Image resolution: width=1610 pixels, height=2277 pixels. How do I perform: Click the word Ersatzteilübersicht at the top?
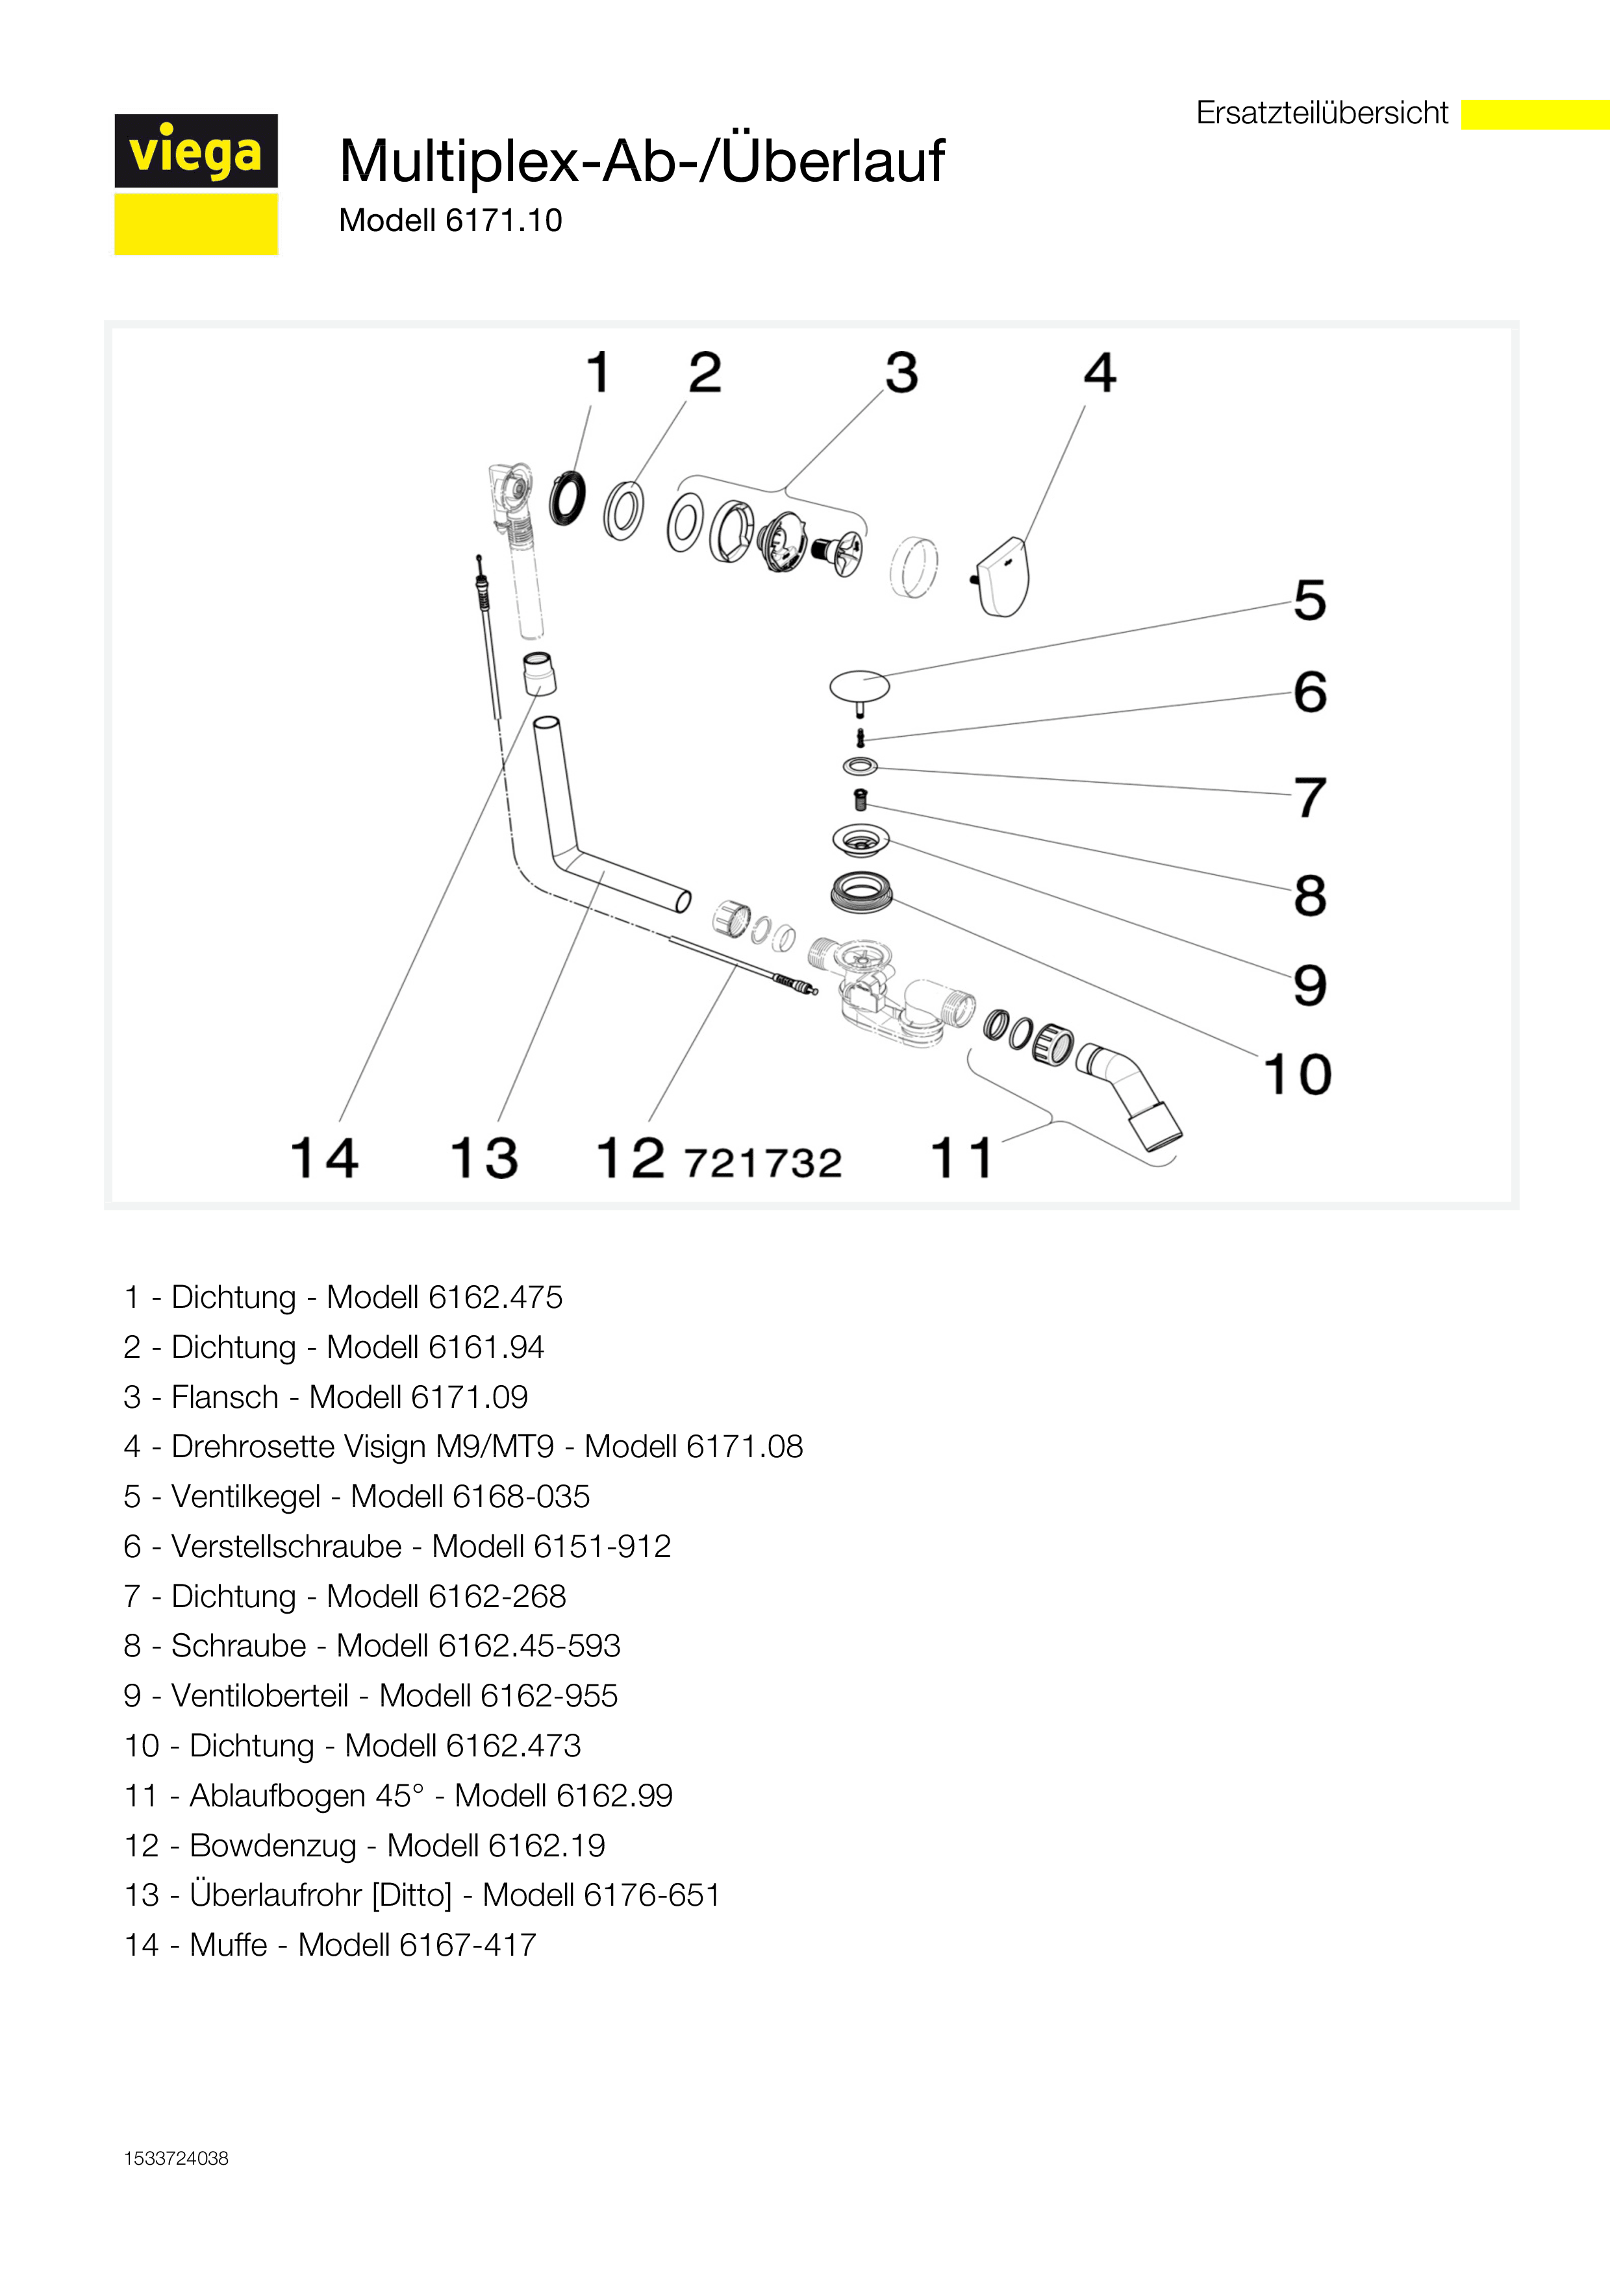click(x=1322, y=113)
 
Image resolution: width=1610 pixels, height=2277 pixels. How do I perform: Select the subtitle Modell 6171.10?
click(x=450, y=220)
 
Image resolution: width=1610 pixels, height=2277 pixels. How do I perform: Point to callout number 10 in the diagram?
click(x=1296, y=1074)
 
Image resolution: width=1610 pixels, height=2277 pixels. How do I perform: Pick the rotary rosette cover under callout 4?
click(x=1001, y=577)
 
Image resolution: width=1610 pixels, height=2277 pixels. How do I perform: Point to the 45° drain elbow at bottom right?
click(x=1131, y=1096)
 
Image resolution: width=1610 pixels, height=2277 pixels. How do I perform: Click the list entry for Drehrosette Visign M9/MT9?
click(x=463, y=1447)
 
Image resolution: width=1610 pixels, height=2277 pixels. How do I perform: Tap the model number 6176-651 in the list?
click(x=651, y=1895)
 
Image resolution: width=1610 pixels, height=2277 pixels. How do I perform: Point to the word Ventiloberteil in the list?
click(x=260, y=1696)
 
